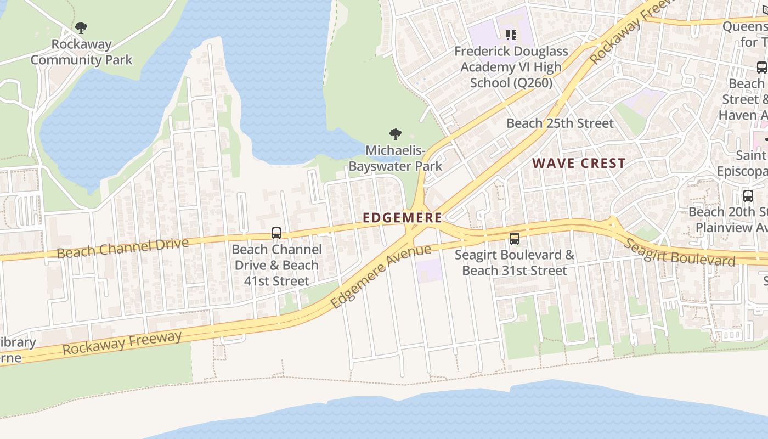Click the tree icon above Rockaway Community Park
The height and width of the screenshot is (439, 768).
[81, 27]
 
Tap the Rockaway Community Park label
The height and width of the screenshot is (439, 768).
[81, 52]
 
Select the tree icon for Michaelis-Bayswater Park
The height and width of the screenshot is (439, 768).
[395, 134]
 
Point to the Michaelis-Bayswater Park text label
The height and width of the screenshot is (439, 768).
[396, 158]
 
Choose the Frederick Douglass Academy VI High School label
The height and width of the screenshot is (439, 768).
[511, 67]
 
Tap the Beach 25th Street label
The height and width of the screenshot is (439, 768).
[560, 123]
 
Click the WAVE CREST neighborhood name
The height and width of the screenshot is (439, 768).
[579, 163]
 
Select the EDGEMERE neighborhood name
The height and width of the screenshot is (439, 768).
[402, 218]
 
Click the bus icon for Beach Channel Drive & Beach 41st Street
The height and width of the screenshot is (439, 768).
[276, 233]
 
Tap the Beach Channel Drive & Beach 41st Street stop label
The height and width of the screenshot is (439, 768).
[276, 265]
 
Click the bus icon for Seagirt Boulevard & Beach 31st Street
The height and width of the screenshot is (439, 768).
[514, 239]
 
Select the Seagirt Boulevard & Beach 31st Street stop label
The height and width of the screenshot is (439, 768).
[514, 263]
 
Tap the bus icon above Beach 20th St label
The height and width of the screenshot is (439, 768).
[748, 196]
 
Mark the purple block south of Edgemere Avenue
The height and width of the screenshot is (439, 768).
[429, 271]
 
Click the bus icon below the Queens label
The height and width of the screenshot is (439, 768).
[761, 67]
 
